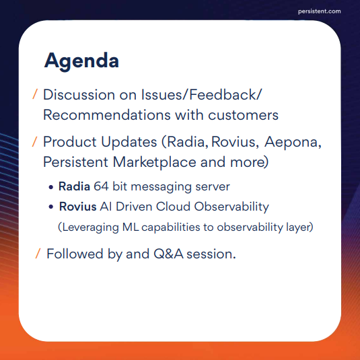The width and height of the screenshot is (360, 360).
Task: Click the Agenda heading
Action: point(81,61)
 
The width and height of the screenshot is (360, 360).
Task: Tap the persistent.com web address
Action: point(319,11)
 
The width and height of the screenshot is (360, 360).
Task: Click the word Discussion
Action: point(79,95)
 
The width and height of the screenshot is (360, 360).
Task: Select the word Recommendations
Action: point(107,115)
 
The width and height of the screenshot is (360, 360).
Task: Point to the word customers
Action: point(243,115)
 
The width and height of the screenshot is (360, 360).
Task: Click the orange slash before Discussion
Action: point(35,94)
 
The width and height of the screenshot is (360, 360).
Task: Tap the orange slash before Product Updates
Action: point(34,141)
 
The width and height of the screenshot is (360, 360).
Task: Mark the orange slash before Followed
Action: point(38,254)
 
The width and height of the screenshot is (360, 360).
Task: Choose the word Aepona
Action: point(293,143)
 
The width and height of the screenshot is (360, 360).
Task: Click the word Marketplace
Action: point(155,162)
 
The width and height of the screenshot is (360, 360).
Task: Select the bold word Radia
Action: point(74,186)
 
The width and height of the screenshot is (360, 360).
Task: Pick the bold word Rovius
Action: point(78,207)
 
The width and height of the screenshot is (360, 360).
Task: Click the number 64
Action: point(101,186)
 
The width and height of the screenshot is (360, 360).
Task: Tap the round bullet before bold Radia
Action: point(51,187)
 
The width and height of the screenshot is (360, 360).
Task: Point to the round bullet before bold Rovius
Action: point(51,207)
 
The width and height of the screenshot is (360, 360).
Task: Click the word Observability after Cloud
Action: point(231,207)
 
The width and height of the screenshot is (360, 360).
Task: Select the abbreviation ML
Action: point(131,227)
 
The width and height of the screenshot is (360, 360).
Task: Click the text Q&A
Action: point(168,254)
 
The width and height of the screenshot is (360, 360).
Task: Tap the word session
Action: point(211,254)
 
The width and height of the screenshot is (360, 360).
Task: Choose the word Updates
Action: point(129,142)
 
